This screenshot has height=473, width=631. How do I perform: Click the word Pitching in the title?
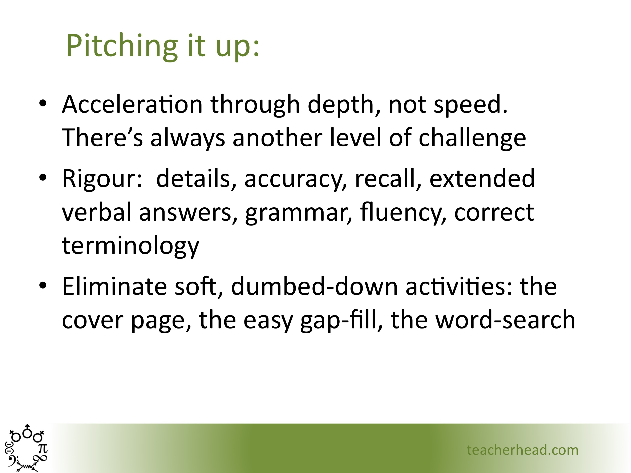(x=122, y=46)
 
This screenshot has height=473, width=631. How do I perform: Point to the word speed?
(x=470, y=105)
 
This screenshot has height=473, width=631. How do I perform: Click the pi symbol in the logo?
(x=43, y=449)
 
